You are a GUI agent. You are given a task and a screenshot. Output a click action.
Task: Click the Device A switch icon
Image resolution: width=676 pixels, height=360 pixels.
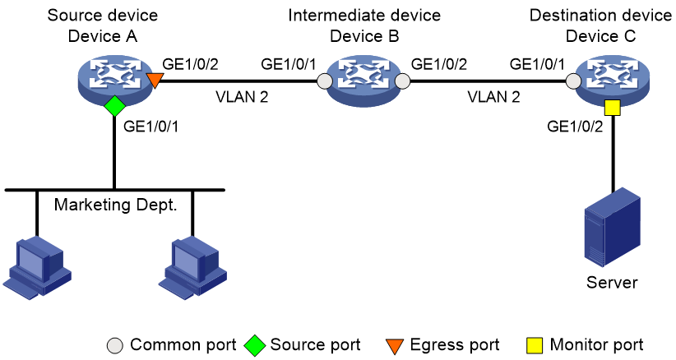click(115, 79)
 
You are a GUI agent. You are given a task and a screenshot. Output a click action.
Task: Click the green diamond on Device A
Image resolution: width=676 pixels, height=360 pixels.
click(114, 105)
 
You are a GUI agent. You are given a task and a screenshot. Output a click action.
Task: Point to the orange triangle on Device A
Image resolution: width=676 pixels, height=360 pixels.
click(155, 80)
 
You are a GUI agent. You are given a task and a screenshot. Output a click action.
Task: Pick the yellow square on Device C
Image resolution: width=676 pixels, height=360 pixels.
click(612, 108)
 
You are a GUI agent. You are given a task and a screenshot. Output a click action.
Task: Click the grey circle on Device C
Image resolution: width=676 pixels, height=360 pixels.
click(573, 81)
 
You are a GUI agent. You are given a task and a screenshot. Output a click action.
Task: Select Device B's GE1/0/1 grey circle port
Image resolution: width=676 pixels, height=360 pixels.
click(325, 81)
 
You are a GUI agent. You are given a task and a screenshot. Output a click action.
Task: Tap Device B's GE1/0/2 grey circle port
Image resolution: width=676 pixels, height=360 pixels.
click(403, 81)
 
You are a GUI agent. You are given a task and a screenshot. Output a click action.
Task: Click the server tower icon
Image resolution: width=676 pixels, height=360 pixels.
click(612, 228)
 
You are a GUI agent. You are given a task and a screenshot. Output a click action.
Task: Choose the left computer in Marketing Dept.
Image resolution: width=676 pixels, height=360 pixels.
click(37, 268)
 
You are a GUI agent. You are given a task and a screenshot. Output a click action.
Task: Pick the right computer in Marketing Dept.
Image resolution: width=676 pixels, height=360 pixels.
click(192, 268)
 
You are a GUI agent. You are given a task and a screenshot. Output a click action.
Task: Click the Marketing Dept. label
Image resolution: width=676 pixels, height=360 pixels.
click(115, 205)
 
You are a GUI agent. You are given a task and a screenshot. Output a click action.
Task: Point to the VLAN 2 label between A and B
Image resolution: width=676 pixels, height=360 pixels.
click(242, 97)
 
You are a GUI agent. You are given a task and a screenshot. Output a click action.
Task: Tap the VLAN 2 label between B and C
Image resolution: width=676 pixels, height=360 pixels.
click(493, 97)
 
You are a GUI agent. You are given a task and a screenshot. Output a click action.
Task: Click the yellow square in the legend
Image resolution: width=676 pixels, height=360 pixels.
click(535, 345)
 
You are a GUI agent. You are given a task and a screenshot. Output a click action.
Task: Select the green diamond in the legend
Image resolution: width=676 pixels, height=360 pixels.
click(254, 345)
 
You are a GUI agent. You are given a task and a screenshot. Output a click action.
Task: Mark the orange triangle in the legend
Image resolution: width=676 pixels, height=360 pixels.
click(395, 346)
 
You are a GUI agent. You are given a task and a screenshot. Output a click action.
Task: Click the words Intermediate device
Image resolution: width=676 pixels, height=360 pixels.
click(364, 16)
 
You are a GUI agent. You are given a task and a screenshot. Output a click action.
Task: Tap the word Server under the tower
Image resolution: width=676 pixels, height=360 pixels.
click(612, 283)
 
